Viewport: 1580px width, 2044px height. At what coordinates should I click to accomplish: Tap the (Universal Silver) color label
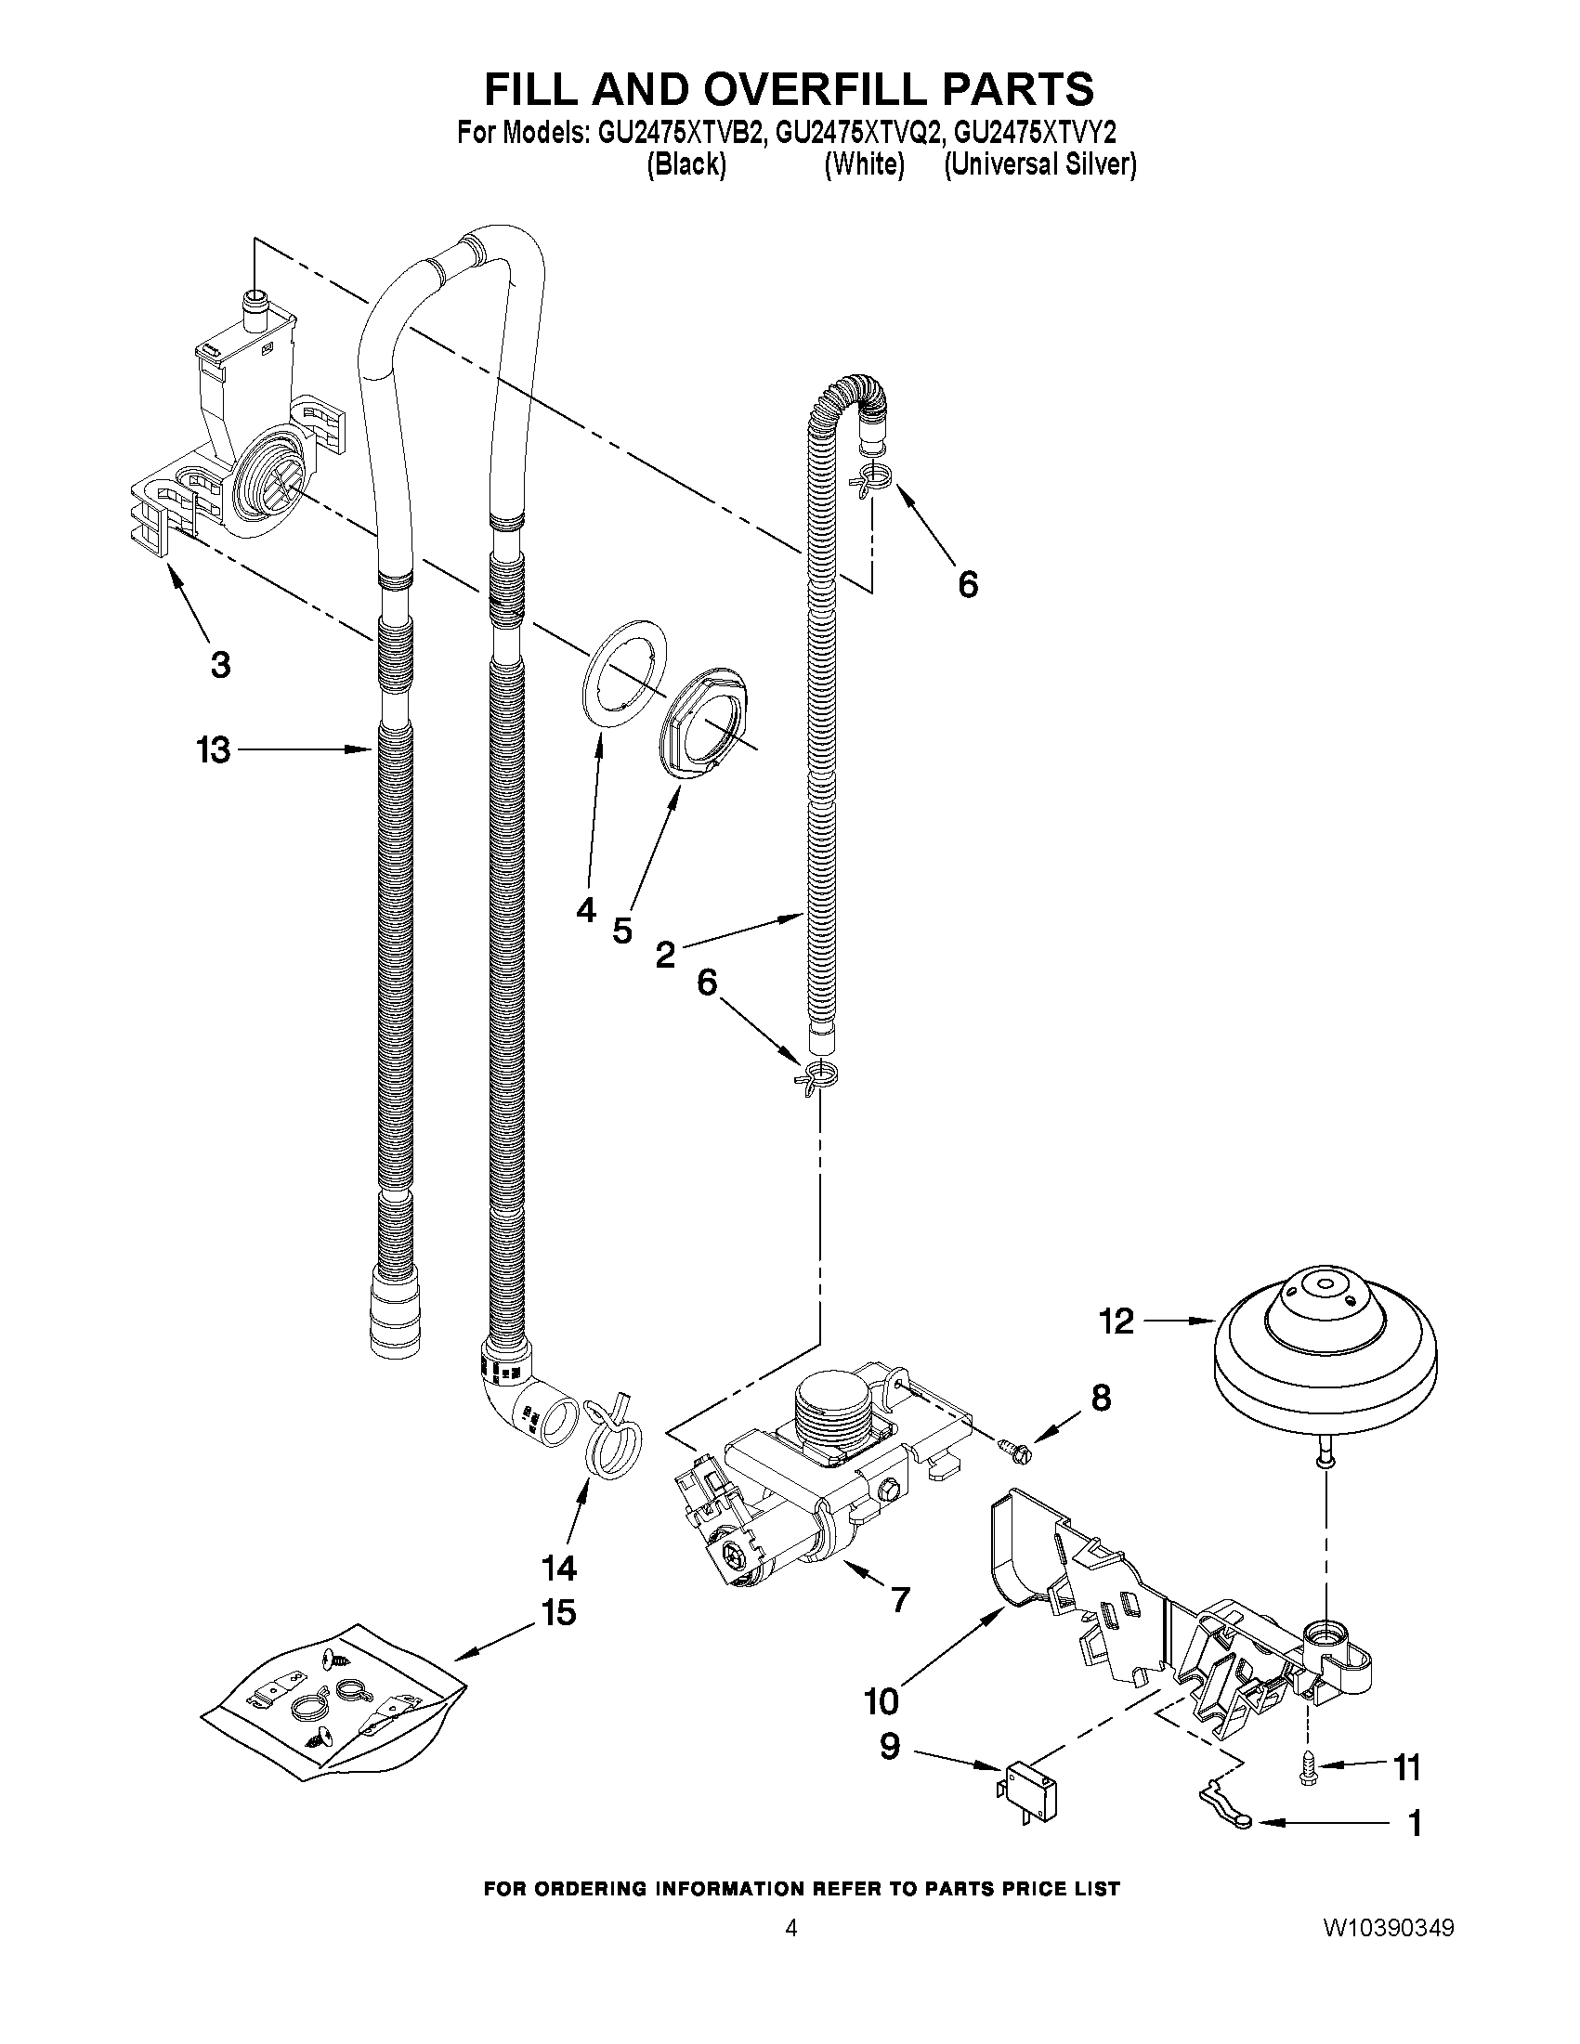click(x=1040, y=164)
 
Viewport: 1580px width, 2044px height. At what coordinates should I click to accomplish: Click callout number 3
click(x=219, y=665)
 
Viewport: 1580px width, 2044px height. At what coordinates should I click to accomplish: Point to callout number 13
click(x=214, y=749)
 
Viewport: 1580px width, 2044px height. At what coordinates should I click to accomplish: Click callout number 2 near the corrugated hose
click(x=664, y=955)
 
